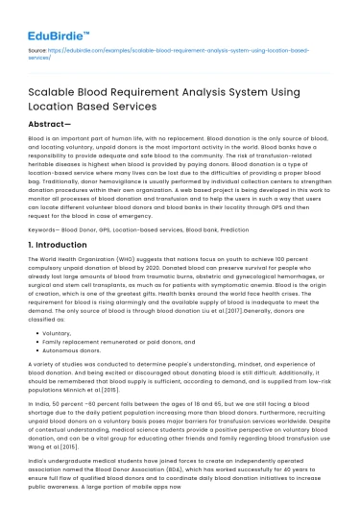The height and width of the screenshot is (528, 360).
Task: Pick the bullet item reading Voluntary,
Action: (57, 332)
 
